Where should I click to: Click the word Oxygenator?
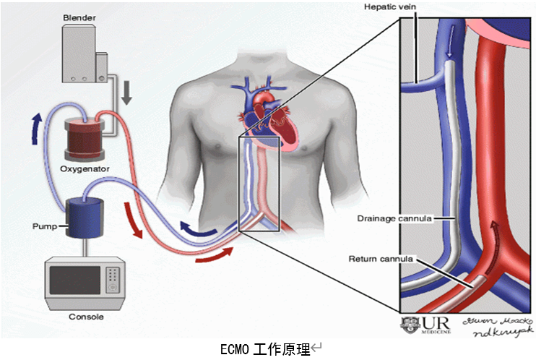pos(85,169)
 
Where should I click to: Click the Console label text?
pos(85,317)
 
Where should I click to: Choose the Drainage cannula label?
pos(390,217)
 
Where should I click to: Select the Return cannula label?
pos(381,258)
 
